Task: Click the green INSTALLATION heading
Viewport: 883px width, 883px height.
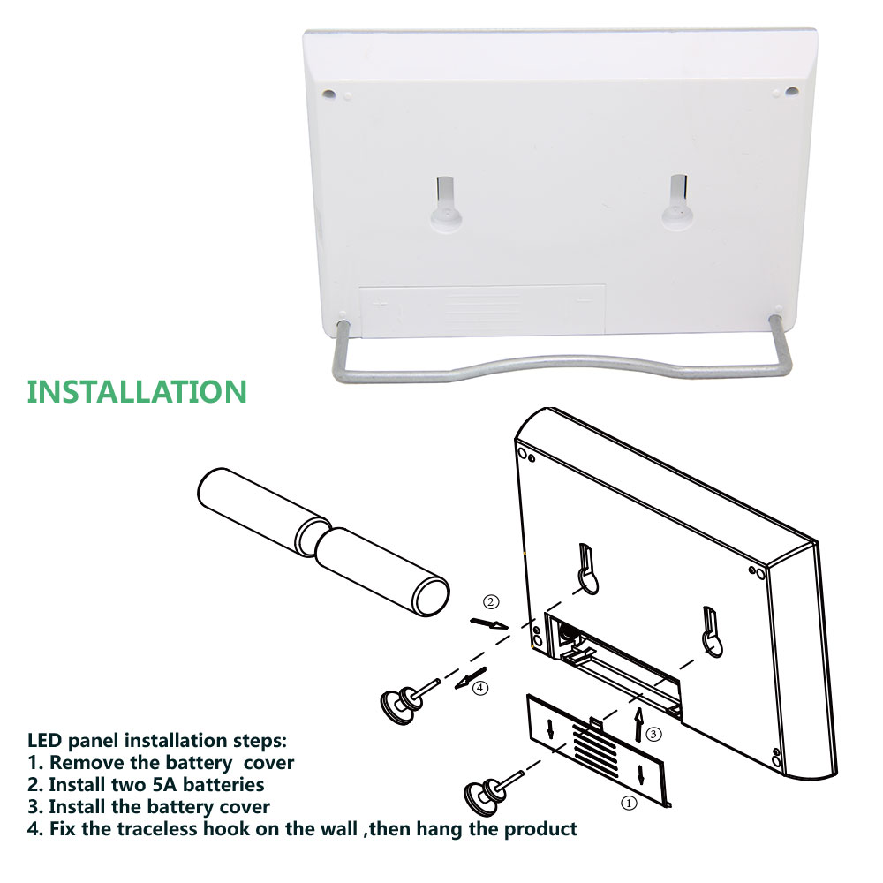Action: coord(137,392)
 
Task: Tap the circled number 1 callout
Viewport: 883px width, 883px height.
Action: coord(629,803)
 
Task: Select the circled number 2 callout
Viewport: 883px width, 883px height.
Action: coord(491,602)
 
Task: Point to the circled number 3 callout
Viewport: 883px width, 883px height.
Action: coord(653,734)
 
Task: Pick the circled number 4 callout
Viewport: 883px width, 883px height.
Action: coord(479,688)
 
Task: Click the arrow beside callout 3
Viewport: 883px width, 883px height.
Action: coord(638,725)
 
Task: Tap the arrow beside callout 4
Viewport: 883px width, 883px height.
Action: coord(471,678)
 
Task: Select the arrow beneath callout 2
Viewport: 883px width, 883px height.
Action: coord(489,623)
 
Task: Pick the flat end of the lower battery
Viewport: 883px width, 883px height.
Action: coord(431,596)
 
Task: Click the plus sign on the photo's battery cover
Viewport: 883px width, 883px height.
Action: coord(381,304)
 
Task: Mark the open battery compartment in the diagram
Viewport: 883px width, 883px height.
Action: coord(614,666)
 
